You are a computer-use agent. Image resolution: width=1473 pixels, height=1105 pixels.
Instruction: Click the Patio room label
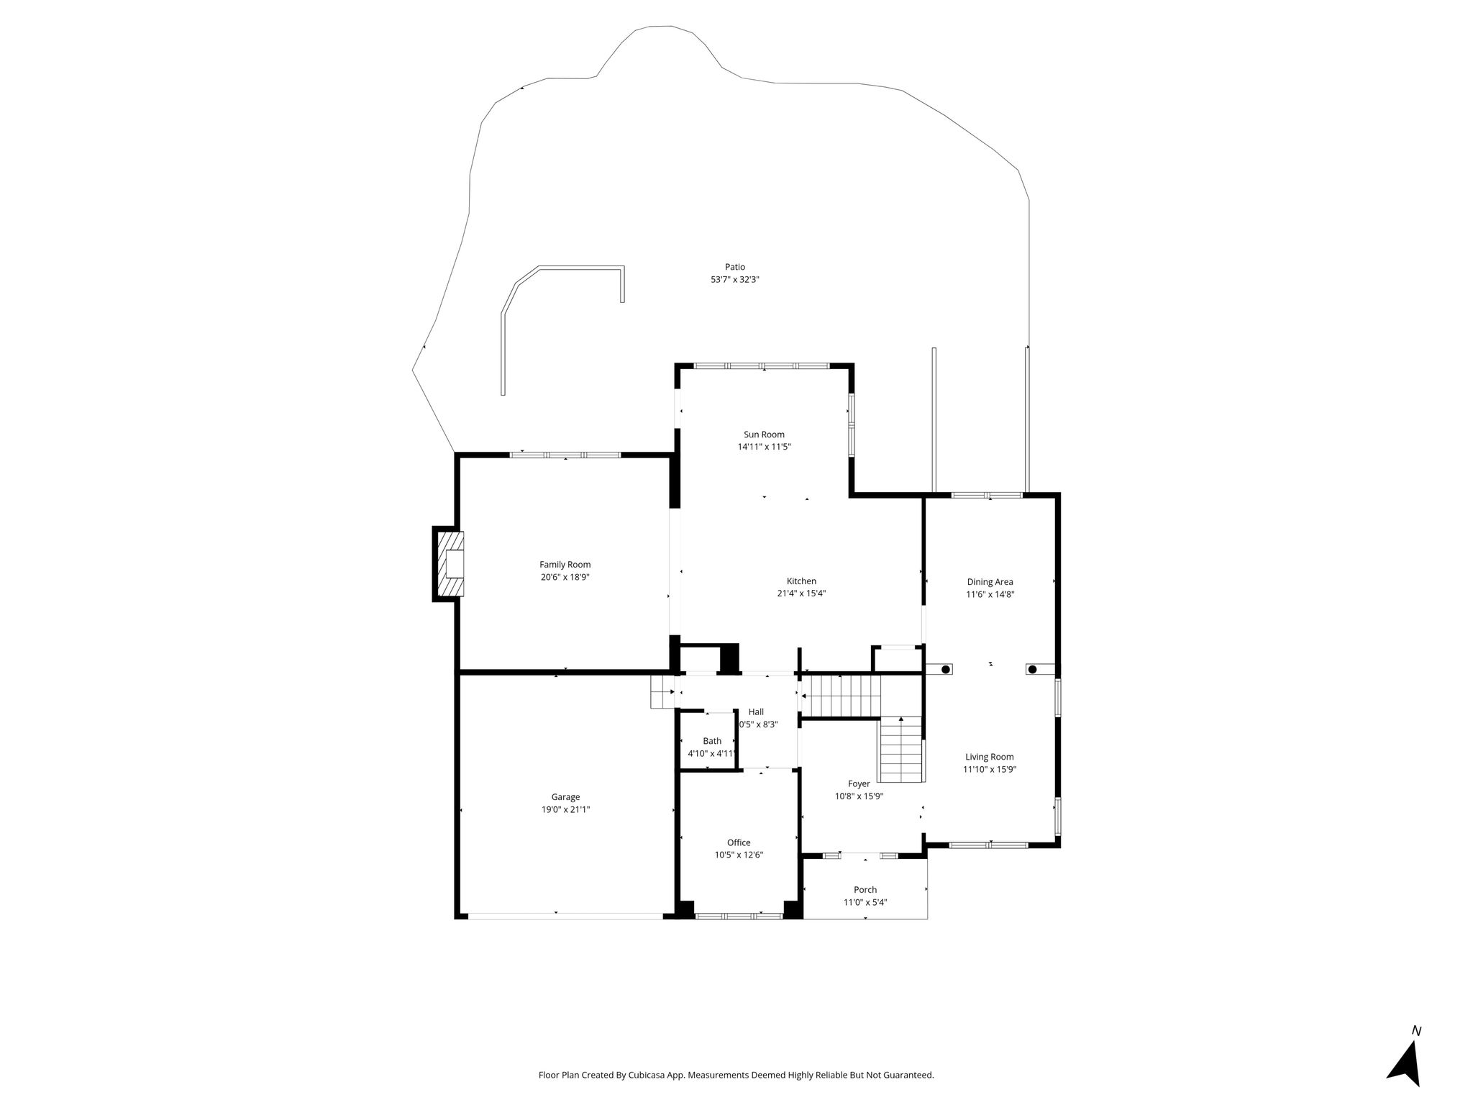[x=735, y=267]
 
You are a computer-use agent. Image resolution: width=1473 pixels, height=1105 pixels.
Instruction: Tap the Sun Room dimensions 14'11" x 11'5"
[x=764, y=447]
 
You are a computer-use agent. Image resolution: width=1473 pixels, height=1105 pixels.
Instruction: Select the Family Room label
[x=565, y=565]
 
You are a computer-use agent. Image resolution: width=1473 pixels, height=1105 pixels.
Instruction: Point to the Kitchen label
[x=801, y=581]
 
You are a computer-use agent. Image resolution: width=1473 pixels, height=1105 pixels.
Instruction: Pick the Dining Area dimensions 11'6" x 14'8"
[x=990, y=594]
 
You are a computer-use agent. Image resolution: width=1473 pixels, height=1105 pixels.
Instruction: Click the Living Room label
[x=990, y=757]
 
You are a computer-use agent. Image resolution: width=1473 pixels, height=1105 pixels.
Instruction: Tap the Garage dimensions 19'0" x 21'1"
[x=566, y=809]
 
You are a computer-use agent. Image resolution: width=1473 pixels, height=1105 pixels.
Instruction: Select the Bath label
[x=712, y=741]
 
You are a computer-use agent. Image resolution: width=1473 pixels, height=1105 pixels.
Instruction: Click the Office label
[x=739, y=842]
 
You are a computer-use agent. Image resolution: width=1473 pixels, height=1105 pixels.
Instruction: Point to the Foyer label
[x=859, y=783]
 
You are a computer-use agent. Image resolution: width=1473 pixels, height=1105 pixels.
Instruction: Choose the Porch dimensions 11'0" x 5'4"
[x=865, y=902]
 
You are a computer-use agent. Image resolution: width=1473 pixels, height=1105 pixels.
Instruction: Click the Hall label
[x=756, y=711]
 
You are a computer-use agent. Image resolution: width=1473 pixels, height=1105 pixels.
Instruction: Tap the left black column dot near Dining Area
[x=946, y=670]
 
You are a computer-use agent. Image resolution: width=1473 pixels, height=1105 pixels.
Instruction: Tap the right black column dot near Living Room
[x=1032, y=670]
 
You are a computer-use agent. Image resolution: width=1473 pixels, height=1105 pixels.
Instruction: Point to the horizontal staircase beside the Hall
[x=841, y=696]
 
